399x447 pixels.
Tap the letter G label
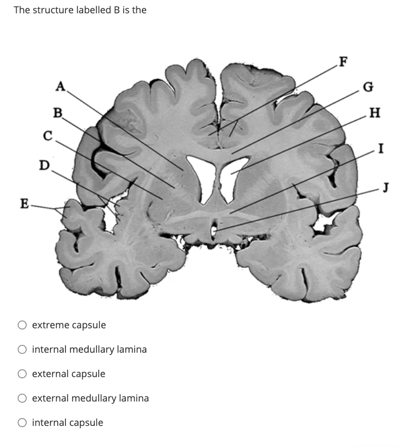367,87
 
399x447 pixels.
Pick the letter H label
375,114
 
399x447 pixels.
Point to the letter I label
381,148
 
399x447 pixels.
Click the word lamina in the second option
131,349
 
